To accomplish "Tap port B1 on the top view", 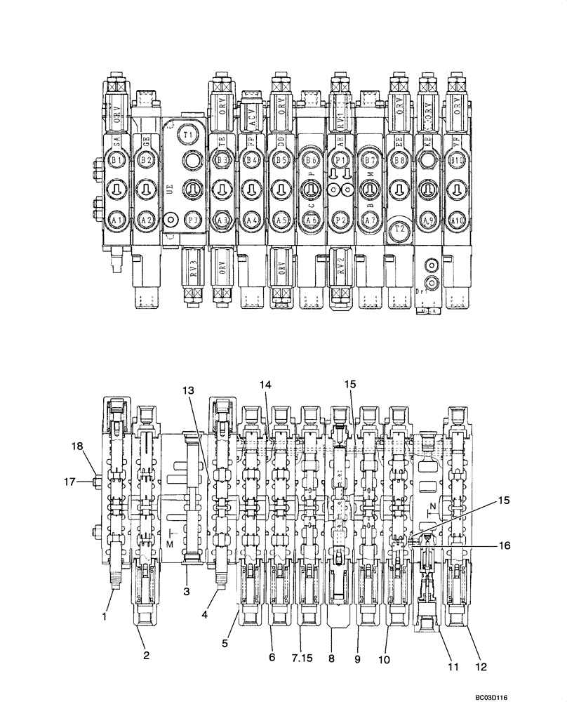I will (x=116, y=161).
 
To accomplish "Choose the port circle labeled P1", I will (x=340, y=161).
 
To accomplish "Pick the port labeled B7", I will (x=369, y=161).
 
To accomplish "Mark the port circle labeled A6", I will (x=309, y=220).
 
